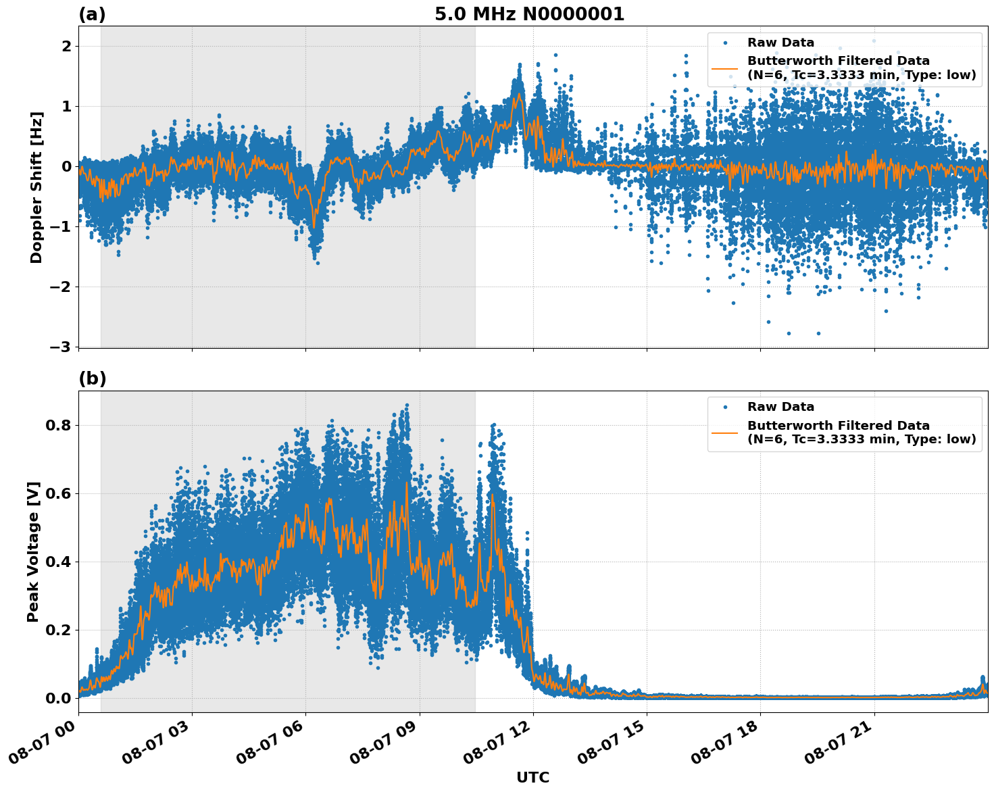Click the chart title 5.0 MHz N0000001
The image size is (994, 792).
pos(529,14)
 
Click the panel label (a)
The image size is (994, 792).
pos(92,14)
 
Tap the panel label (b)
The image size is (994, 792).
pos(92,378)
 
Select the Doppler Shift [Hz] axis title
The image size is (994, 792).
pos(36,187)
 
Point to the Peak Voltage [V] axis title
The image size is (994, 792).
pos(33,551)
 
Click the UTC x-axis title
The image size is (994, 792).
pos(532,777)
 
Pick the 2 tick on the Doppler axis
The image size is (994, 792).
pos(67,46)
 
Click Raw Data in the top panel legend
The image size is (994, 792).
pos(780,43)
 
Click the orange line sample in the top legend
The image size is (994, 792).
pos(725,68)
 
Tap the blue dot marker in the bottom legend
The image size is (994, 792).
pos(725,407)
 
